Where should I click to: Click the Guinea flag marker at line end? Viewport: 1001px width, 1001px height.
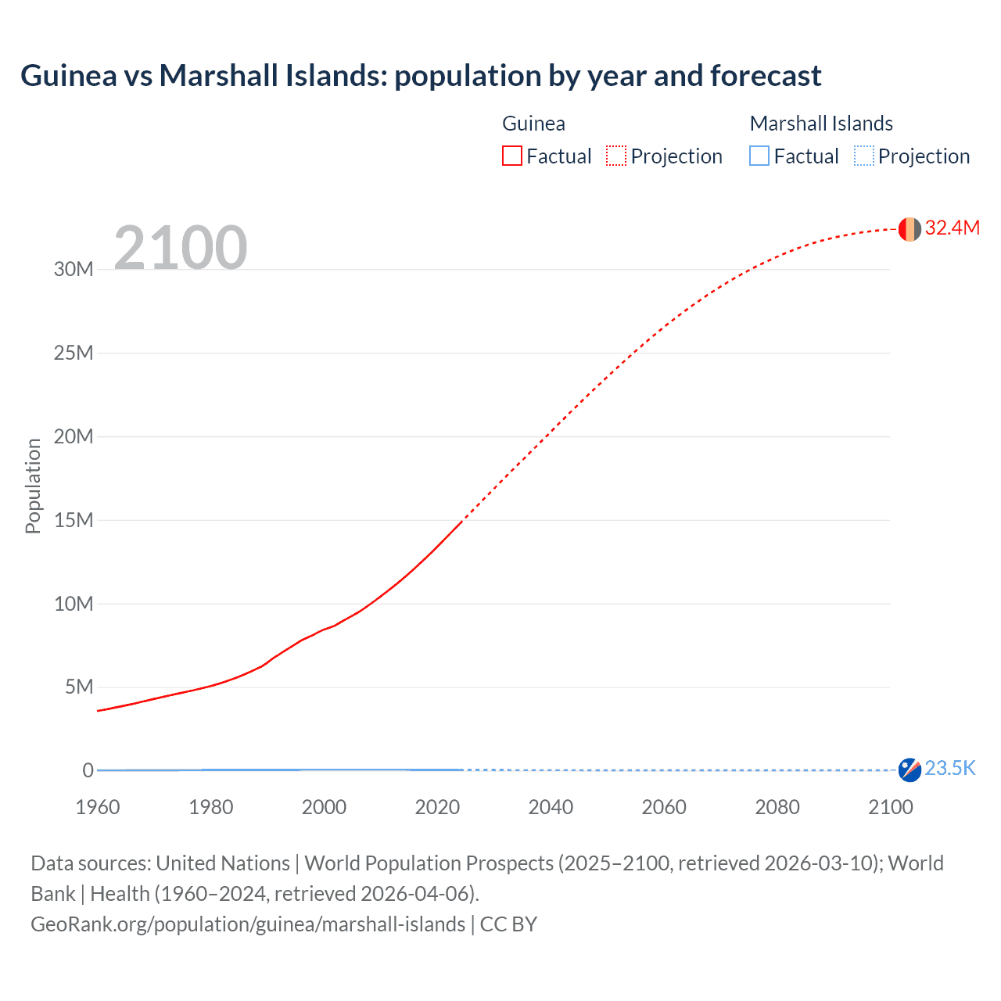click(x=910, y=229)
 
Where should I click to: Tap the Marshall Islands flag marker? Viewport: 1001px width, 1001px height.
click(x=910, y=770)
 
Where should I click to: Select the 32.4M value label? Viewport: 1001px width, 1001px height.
click(x=952, y=228)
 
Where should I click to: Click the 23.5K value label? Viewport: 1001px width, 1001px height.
click(x=950, y=769)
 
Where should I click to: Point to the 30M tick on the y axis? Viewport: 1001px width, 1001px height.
click(x=74, y=270)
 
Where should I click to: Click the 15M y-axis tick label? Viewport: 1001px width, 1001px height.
click(x=74, y=520)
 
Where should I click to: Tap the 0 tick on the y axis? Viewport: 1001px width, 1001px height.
click(x=88, y=770)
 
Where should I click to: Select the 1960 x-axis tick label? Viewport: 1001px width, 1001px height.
click(x=98, y=807)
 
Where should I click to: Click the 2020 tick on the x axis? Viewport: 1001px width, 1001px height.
click(x=437, y=807)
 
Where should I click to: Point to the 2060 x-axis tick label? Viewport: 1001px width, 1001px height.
click(x=664, y=807)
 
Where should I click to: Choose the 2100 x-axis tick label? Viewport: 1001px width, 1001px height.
click(x=890, y=807)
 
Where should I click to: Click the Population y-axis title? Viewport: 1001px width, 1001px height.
click(x=33, y=486)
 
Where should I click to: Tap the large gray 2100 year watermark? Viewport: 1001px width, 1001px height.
click(x=181, y=248)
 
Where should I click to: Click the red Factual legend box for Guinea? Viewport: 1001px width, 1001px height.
click(x=512, y=156)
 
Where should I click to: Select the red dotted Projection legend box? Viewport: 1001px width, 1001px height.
click(x=616, y=156)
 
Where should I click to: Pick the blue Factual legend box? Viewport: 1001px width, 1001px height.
click(x=759, y=156)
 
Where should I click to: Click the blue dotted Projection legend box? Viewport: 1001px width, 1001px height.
click(x=863, y=156)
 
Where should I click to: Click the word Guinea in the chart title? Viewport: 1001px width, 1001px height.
click(x=68, y=76)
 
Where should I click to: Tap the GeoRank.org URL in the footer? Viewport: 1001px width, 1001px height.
click(x=248, y=924)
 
